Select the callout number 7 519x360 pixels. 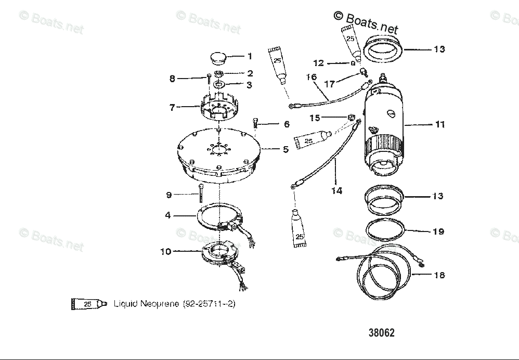pyautogui.click(x=172, y=107)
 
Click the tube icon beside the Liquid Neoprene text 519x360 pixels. pyautogui.click(x=89, y=304)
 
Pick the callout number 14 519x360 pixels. pyautogui.click(x=336, y=190)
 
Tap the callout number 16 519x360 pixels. pyautogui.click(x=312, y=77)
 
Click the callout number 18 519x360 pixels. pyautogui.click(x=439, y=275)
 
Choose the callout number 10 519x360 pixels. pyautogui.click(x=166, y=252)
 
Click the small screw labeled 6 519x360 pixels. pyautogui.click(x=256, y=123)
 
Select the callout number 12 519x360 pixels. pyautogui.click(x=319, y=63)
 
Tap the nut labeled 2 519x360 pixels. pyautogui.click(x=219, y=73)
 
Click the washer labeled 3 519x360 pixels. pyautogui.click(x=218, y=84)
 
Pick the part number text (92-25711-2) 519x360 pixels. pyautogui.click(x=209, y=304)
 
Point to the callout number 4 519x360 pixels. pyautogui.click(x=168, y=214)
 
